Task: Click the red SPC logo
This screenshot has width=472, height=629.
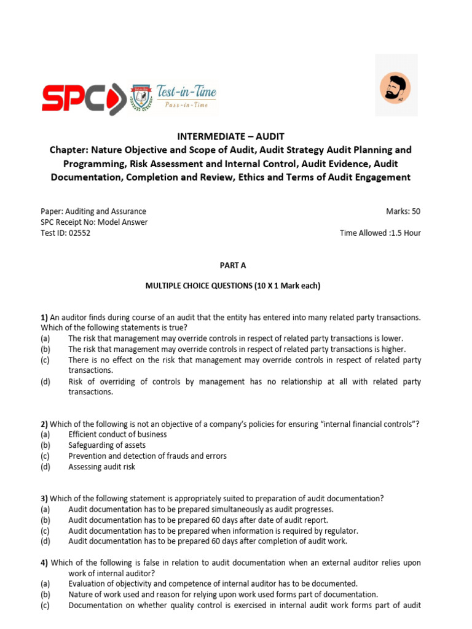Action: [83, 98]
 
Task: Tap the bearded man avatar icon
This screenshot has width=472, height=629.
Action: [396, 87]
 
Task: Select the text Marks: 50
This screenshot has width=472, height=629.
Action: [403, 211]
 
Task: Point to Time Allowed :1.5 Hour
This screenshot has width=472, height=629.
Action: [380, 233]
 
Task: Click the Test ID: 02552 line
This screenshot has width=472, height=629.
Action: [65, 233]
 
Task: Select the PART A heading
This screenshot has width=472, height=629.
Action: [232, 265]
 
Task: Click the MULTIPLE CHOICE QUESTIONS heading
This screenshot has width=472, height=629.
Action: [232, 286]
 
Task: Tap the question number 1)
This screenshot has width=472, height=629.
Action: [44, 317]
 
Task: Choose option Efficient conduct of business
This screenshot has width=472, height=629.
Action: [117, 434]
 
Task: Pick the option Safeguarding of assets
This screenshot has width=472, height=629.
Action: [107, 445]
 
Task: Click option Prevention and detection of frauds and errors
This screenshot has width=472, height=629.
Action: [147, 456]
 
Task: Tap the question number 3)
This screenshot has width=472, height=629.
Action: [44, 499]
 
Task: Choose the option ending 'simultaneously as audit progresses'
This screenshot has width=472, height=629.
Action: [201, 509]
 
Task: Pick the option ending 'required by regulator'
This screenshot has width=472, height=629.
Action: [213, 531]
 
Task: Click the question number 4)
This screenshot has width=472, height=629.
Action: [44, 563]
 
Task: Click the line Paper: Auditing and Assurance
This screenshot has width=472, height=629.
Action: [93, 211]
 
